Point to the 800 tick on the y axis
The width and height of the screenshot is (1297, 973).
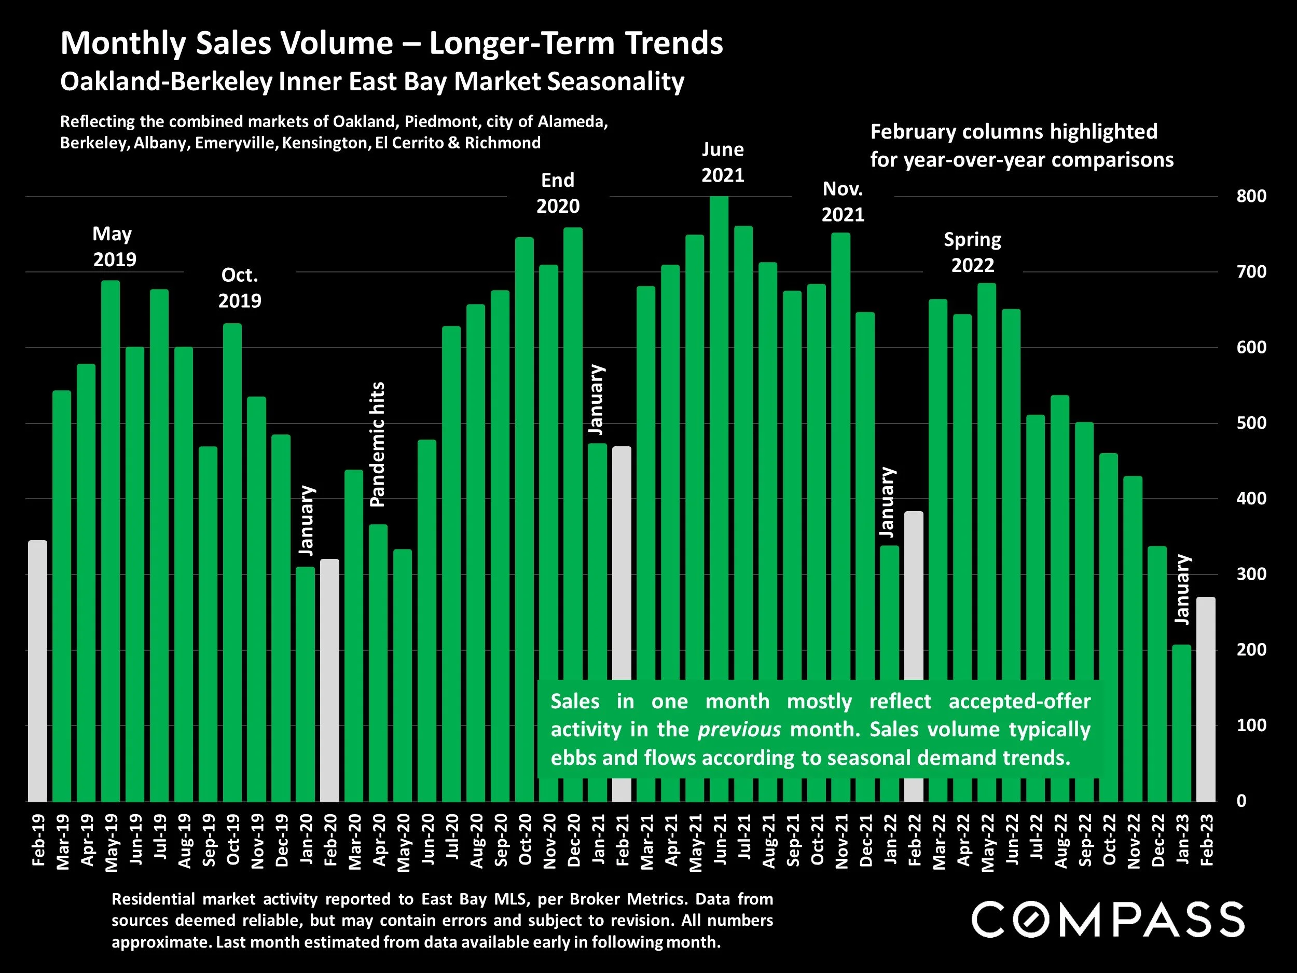point(1251,196)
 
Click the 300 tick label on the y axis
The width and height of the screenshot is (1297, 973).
point(1251,574)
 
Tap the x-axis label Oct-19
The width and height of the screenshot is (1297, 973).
point(232,839)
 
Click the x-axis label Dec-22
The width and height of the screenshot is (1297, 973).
point(1157,839)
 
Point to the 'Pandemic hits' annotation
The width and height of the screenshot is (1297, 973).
point(378,444)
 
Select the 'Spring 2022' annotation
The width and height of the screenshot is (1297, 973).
point(972,252)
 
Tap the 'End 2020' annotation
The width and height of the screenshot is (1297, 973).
point(558,193)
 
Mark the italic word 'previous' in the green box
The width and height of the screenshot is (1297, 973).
point(739,729)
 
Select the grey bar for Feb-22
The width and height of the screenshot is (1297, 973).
point(914,656)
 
